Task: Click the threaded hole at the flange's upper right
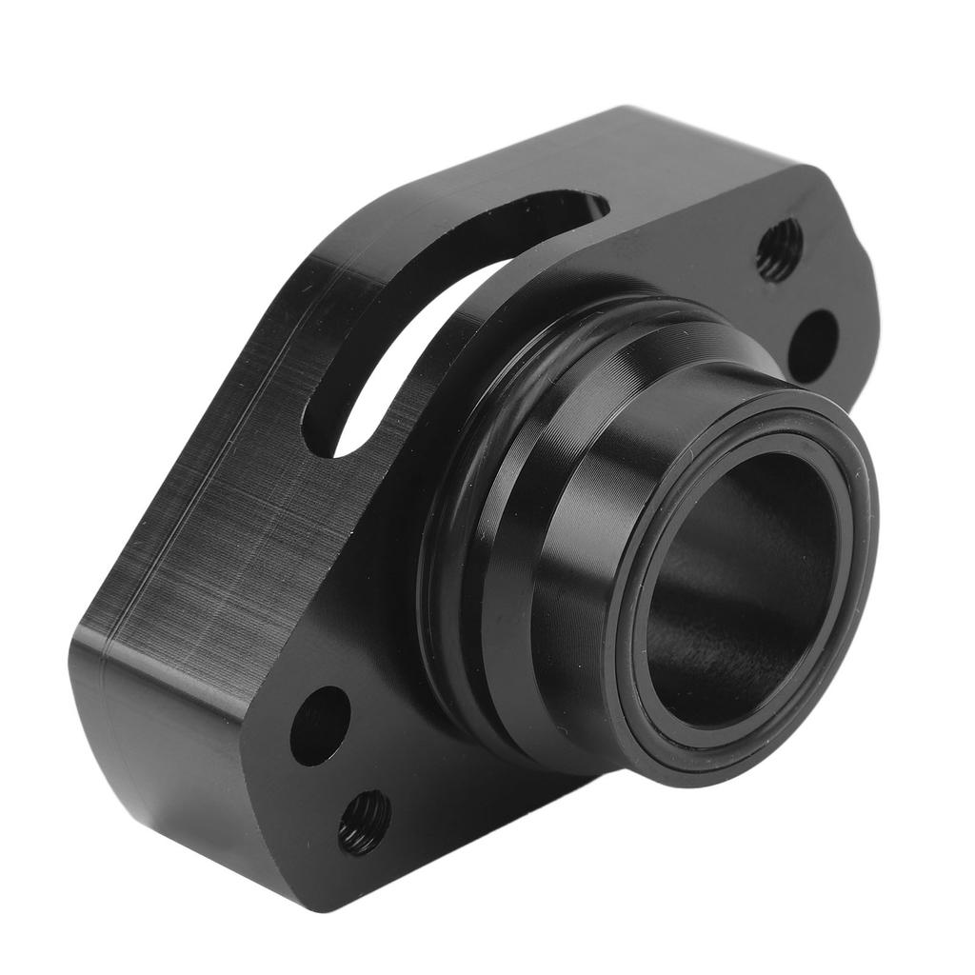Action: coord(779,249)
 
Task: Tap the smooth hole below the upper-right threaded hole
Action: coord(813,346)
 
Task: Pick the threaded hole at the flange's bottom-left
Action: coord(365,822)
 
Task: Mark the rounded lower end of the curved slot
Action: coord(328,433)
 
